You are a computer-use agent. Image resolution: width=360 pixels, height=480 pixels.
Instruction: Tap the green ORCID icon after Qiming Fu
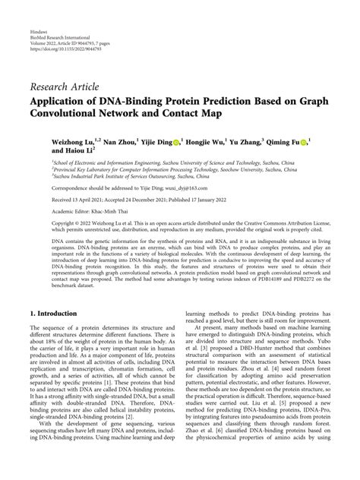tap(305, 142)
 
